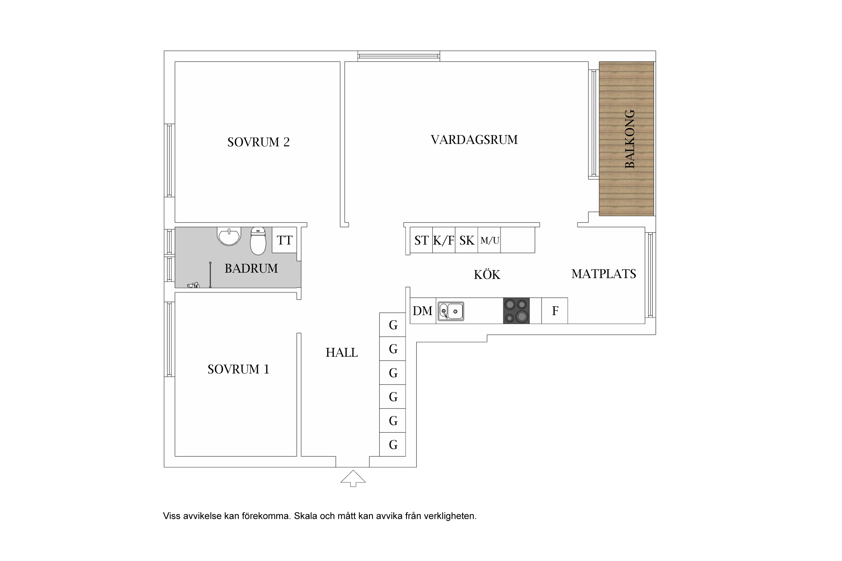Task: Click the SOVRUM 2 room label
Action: tap(258, 142)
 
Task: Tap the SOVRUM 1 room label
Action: tap(238, 369)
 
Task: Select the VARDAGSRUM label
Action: tap(474, 140)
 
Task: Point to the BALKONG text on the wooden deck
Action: tap(630, 139)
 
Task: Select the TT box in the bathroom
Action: tap(284, 240)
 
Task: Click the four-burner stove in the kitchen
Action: tap(516, 311)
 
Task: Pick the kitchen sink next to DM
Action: tap(451, 311)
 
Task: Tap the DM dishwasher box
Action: tap(422, 311)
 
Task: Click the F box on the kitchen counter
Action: tap(555, 311)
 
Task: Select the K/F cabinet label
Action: tap(444, 240)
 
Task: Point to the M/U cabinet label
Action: tap(489, 240)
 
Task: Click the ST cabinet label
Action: tap(421, 240)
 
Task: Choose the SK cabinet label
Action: tap(467, 240)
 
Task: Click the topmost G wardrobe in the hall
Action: tap(393, 325)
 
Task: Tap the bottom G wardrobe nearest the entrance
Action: tap(393, 445)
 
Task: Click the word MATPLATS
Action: tap(604, 274)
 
